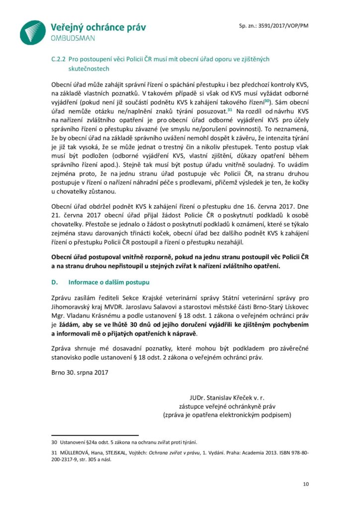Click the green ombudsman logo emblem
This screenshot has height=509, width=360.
click(33, 32)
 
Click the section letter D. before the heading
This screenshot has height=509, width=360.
click(55, 282)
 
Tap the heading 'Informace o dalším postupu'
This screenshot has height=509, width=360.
click(108, 282)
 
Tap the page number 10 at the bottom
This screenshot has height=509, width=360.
click(305, 484)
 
